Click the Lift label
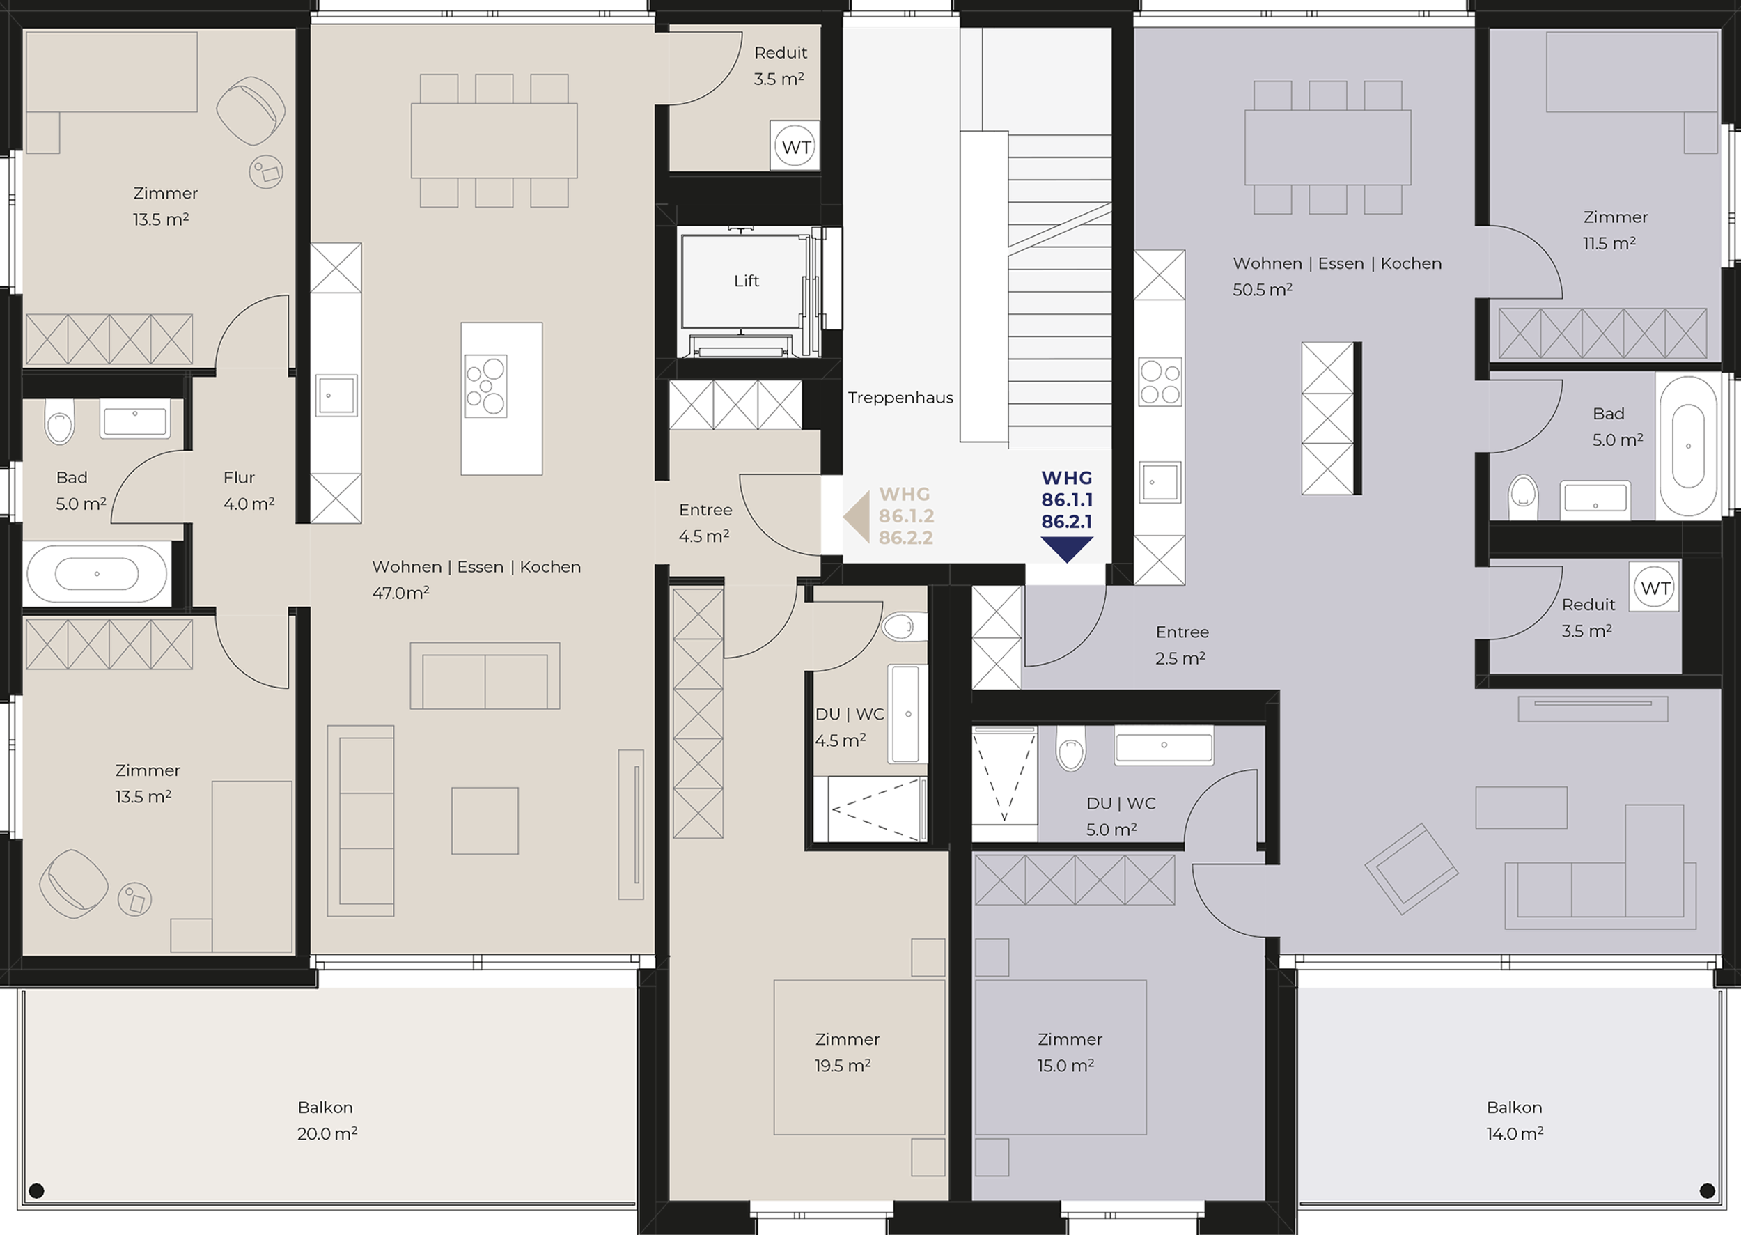click(746, 281)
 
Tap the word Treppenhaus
click(900, 398)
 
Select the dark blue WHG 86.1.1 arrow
click(1067, 549)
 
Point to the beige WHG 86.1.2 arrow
click(857, 517)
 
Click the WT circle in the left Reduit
click(795, 147)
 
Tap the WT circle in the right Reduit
click(1655, 587)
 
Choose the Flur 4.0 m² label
click(249, 490)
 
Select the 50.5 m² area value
click(1262, 290)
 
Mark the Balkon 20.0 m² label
click(327, 1120)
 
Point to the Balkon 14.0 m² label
click(1515, 1120)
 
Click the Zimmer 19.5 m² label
click(846, 1053)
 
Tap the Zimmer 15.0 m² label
click(1069, 1053)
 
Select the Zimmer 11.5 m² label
click(1615, 230)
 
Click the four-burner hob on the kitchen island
click(486, 386)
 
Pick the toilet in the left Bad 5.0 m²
click(59, 423)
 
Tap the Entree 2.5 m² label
click(1182, 645)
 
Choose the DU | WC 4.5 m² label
click(849, 727)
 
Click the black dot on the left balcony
click(36, 1190)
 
